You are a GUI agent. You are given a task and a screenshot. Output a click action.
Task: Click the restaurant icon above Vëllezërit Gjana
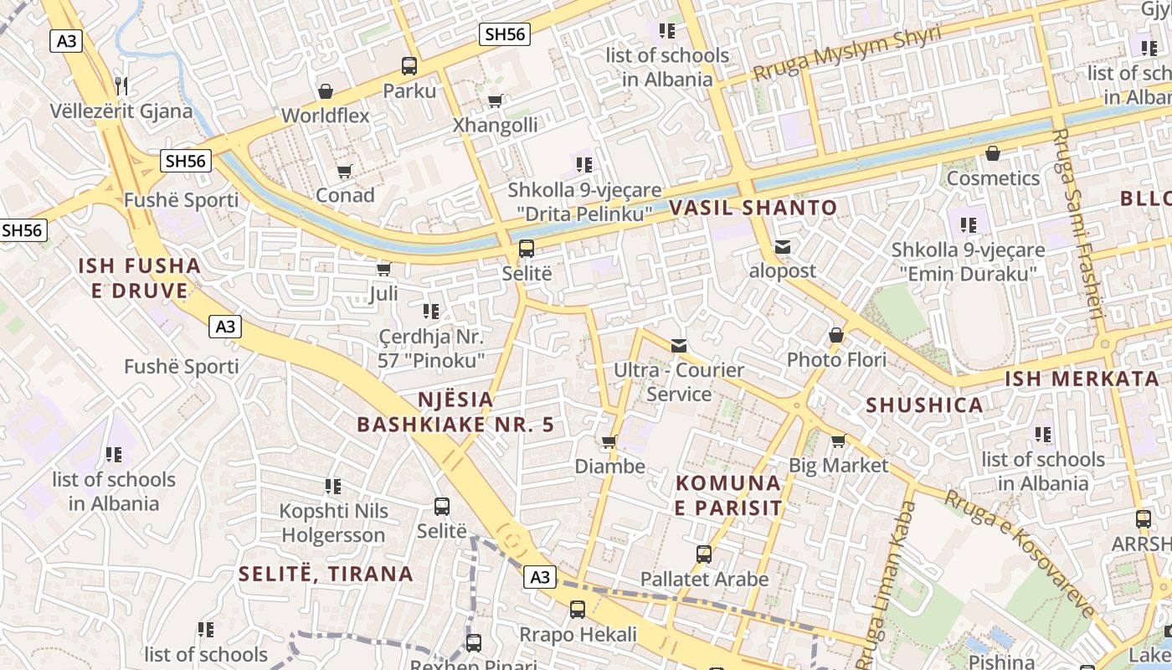click(121, 85)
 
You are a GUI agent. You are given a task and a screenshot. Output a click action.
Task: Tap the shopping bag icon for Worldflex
click(326, 90)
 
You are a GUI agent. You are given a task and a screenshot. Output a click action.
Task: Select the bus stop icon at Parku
click(409, 65)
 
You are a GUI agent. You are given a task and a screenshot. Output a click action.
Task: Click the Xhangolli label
click(495, 126)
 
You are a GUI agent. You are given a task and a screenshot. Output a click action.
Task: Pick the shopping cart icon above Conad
click(344, 171)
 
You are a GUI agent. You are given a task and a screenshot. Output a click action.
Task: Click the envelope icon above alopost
click(783, 247)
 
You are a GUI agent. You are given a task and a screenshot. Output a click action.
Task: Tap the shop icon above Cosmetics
click(993, 153)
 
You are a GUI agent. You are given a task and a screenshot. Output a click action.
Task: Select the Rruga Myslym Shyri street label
click(846, 54)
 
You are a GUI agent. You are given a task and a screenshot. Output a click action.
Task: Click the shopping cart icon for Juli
click(384, 269)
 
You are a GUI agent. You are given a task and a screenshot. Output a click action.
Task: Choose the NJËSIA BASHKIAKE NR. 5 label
click(455, 412)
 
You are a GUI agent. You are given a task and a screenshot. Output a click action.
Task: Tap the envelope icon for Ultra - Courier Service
click(679, 345)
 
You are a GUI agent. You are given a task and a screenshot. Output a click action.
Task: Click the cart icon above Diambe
click(609, 441)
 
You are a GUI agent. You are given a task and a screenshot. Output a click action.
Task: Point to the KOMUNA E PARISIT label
click(728, 495)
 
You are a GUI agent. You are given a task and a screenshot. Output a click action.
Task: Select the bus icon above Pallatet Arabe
click(704, 554)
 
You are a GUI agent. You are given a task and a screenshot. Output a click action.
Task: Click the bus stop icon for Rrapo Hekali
click(578, 610)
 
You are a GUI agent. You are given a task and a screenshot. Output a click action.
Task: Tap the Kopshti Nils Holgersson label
click(333, 523)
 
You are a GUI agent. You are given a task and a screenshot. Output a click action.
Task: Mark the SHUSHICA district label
click(924, 405)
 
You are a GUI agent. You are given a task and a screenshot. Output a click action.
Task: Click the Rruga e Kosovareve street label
click(1020, 553)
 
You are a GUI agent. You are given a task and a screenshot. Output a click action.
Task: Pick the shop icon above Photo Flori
click(835, 335)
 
